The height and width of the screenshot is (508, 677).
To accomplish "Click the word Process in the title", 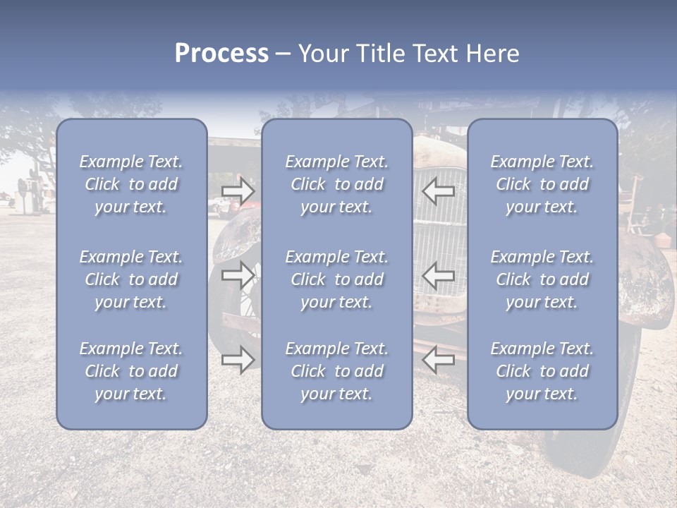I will [221, 54].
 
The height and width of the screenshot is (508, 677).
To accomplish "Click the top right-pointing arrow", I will [238, 191].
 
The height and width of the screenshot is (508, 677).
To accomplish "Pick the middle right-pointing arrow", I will [238, 275].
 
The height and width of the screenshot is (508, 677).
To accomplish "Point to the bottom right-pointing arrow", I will [238, 360].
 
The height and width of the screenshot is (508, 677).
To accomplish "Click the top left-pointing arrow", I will [439, 191].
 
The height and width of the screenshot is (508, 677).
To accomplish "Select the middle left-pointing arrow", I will [439, 275].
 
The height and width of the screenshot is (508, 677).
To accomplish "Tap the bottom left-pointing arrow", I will [439, 360].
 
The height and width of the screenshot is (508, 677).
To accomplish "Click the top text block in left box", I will [131, 184].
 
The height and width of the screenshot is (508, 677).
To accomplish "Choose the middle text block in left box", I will [131, 279].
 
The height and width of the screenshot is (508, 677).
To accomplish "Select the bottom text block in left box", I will [131, 371].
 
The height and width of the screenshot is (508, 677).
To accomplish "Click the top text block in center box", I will [336, 184].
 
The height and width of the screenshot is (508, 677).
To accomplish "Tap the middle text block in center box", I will [336, 279].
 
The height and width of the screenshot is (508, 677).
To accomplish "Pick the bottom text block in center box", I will [336, 371].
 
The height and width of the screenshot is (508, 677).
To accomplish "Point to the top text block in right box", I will [542, 184].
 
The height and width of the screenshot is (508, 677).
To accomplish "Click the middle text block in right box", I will [542, 279].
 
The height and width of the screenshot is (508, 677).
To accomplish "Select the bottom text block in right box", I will [542, 371].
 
